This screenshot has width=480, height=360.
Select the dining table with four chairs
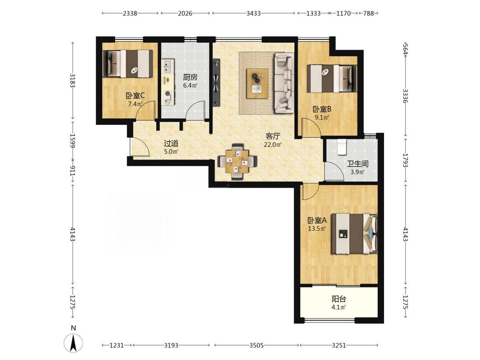pos(237,161)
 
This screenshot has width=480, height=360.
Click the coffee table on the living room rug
pos(257,84)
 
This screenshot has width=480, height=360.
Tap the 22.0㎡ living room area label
pos(273,145)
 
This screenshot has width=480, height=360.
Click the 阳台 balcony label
pos(339,299)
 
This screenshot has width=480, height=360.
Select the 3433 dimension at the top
pos(253,13)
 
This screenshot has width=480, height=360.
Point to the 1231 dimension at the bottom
pos(116,345)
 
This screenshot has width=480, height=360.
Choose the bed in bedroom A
pos(355,234)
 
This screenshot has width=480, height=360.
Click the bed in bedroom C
pos(128,64)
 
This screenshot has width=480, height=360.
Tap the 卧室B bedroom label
pos(322,109)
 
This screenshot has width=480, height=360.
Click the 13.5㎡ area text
pos(317,228)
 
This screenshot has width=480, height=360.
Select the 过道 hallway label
pos(171,144)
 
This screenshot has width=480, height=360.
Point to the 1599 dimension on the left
pos(73,140)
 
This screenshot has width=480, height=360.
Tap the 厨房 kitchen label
pos(190,78)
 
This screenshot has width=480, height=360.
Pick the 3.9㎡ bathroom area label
pos(358,172)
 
